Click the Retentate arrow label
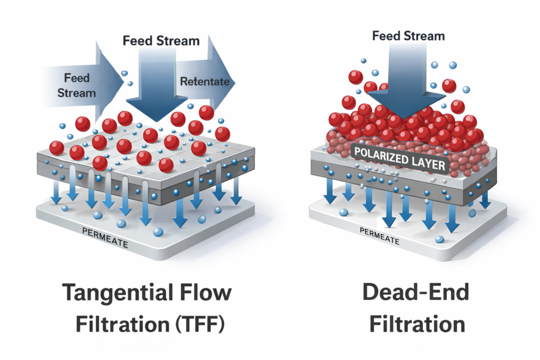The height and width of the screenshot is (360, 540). click(x=205, y=82)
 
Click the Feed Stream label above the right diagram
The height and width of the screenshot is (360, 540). click(x=408, y=36)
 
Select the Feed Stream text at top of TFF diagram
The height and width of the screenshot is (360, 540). click(x=161, y=41)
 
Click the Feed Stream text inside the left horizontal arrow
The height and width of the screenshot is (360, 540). click(x=77, y=85)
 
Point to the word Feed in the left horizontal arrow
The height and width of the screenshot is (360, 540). click(x=77, y=78)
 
